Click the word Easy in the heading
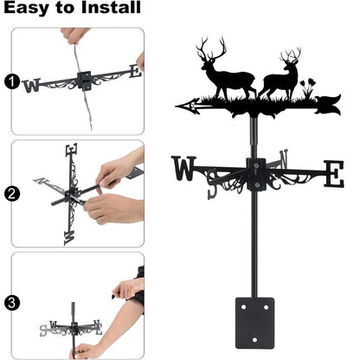click(32, 10)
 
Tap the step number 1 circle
click(10, 82)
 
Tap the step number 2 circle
click(10, 193)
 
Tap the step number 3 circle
click(10, 304)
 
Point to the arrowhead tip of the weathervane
click(178, 107)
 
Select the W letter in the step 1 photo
click(32, 86)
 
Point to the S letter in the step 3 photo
click(44, 330)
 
